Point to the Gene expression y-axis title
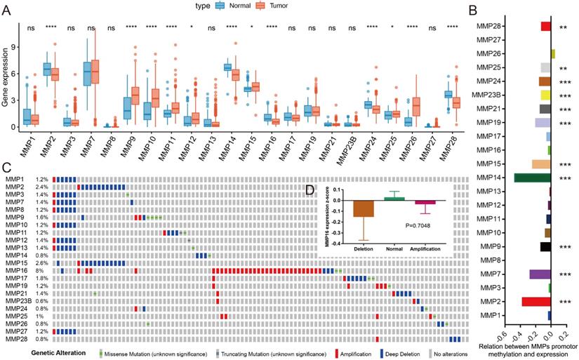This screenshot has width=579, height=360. coord(8,78)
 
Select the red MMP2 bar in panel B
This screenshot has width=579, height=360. coord(536,302)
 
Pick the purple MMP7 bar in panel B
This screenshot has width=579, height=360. coord(540,274)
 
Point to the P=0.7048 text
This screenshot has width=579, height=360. coord(425,225)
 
